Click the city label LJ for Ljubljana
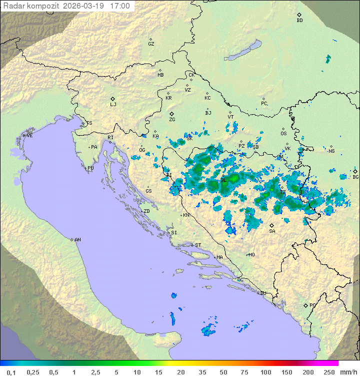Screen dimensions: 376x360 tap(113, 105)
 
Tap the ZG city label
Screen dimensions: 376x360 tap(172, 120)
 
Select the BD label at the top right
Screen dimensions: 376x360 tap(299, 21)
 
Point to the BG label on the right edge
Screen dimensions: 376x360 tap(355, 177)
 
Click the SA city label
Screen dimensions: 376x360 tap(272, 231)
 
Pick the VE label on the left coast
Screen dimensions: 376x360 tap(29, 136)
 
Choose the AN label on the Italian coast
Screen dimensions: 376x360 tap(77, 240)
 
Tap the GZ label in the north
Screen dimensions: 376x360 tap(151, 44)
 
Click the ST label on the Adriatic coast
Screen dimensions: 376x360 tap(198, 245)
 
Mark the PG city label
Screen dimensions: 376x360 tap(312, 305)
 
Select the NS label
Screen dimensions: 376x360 tap(331, 151)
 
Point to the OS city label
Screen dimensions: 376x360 tap(283, 134)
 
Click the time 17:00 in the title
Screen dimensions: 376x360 tap(120, 7)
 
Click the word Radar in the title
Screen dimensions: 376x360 tap(13, 7)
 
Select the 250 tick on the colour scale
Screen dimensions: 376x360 tap(329, 372)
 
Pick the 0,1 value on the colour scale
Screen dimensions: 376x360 tap(11, 372)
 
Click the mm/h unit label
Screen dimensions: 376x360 tap(348, 372)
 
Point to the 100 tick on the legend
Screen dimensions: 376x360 tap(265, 372)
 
